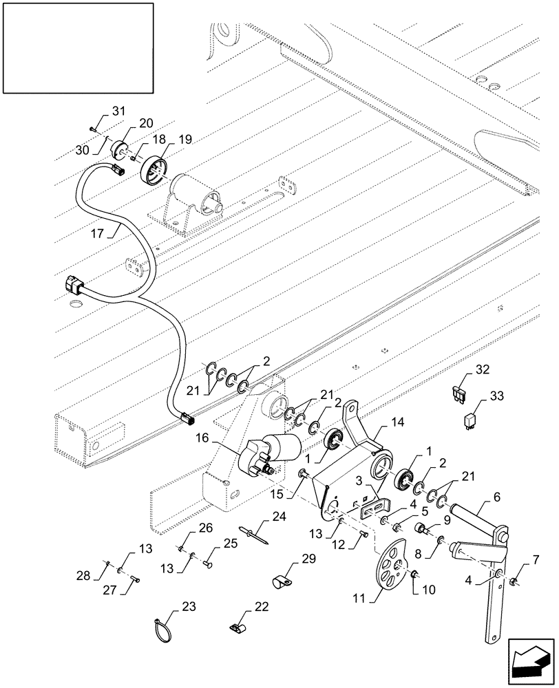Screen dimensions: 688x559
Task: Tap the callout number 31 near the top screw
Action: [119, 112]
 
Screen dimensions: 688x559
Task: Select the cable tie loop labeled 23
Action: [160, 627]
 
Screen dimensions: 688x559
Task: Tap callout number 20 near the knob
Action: [145, 122]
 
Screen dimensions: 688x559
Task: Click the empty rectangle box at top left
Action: [78, 47]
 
